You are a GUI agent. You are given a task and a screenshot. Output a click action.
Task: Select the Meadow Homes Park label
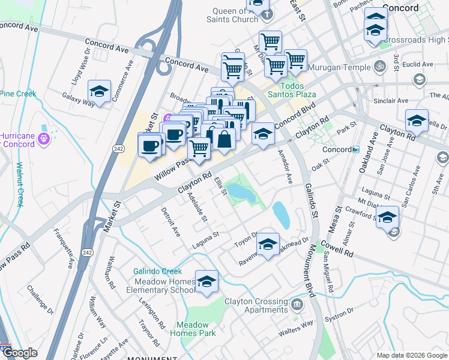coord(192,328)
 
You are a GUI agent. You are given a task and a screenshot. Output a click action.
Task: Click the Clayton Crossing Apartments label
coord(256,305)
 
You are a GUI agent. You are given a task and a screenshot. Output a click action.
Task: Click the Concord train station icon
coord(355,149)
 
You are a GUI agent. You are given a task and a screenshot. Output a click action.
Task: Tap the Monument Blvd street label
coord(311,268)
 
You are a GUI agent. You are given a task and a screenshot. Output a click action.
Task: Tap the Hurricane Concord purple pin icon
coord(44,139)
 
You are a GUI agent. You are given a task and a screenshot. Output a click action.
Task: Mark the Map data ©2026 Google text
coord(412,355)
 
